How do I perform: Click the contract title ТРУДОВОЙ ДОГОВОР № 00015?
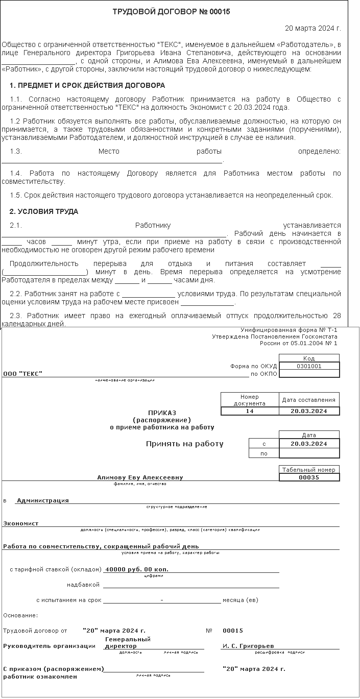tap(171, 12)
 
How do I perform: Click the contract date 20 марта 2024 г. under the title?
tap(313, 28)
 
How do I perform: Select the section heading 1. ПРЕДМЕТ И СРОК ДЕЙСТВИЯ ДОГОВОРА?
tap(87, 85)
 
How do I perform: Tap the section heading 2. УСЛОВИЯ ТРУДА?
tap(44, 211)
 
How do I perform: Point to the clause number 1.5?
tap(16, 195)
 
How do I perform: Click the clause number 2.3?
tap(16, 315)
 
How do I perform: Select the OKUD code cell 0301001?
tap(309, 366)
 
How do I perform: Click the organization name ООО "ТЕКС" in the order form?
tap(23, 374)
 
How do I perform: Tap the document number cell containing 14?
tap(250, 411)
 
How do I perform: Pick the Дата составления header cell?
tap(309, 400)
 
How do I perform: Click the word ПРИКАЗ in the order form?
tap(162, 412)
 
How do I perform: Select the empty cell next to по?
tap(309, 453)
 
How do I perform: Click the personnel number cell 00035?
tap(309, 477)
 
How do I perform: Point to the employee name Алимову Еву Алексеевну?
tap(140, 477)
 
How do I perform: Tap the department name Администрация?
tap(43, 500)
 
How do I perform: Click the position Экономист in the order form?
tap(21, 523)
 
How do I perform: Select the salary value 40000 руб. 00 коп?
tap(136, 569)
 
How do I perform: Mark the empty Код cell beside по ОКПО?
tap(309, 374)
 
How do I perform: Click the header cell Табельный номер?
tap(309, 469)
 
